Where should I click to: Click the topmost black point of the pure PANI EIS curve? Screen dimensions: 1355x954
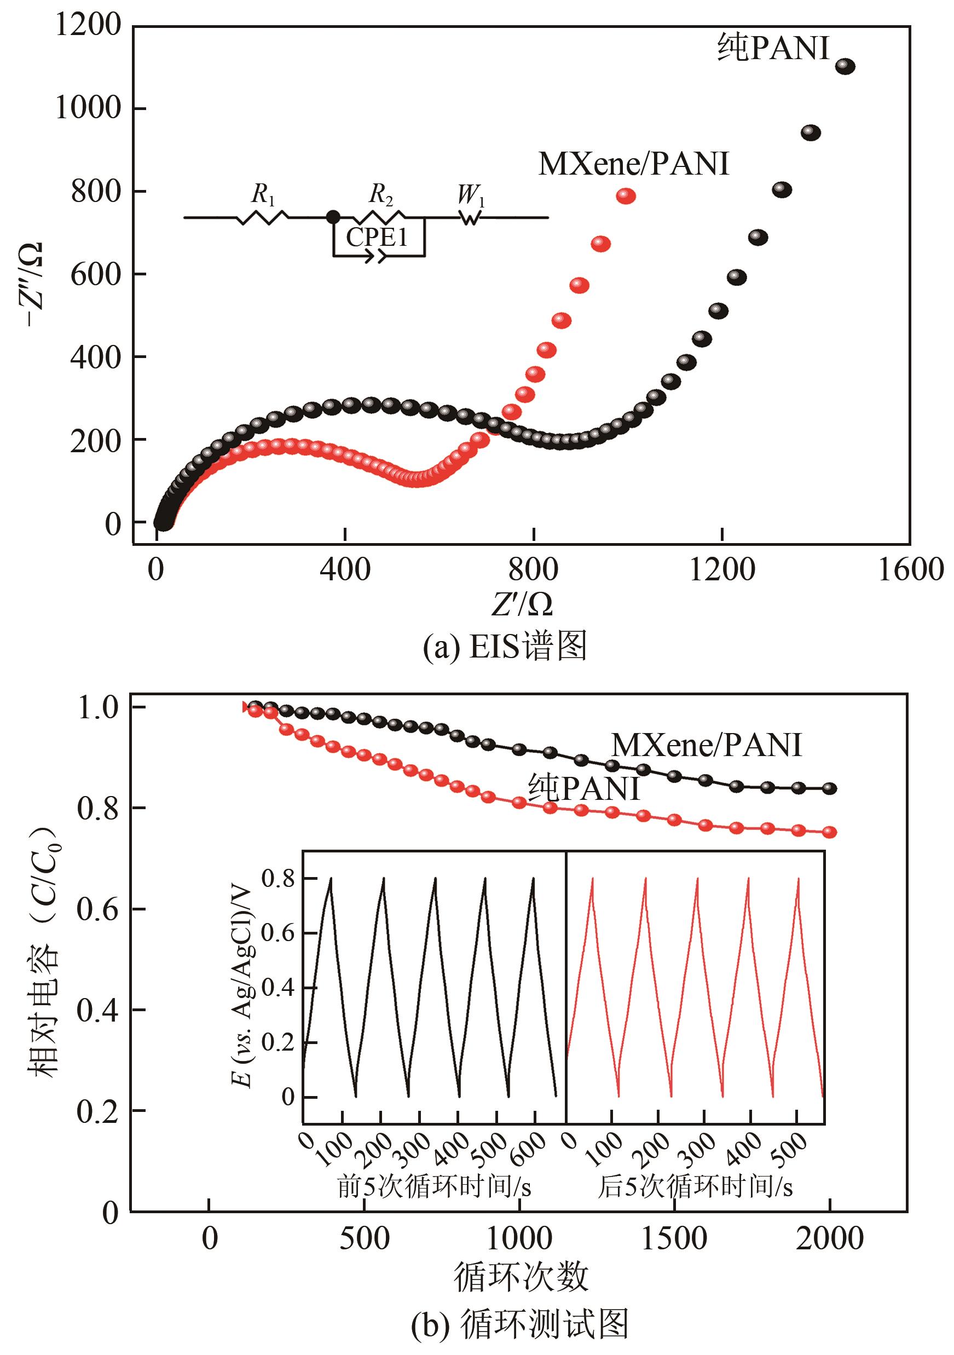click(x=845, y=67)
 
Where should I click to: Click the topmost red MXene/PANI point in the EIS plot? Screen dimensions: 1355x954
click(x=626, y=196)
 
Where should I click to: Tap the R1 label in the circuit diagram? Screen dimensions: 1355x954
click(x=263, y=194)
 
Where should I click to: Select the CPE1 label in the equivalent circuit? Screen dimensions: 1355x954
click(x=377, y=237)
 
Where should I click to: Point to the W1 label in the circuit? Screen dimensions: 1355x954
click(x=471, y=195)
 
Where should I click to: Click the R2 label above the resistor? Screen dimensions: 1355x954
click(x=381, y=194)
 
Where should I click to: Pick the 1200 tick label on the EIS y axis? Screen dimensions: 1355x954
click(x=88, y=25)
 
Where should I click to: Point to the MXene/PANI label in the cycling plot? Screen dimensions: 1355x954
click(x=706, y=745)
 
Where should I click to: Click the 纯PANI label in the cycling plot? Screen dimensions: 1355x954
click(x=583, y=788)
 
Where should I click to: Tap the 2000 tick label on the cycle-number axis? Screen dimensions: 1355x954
click(x=829, y=1239)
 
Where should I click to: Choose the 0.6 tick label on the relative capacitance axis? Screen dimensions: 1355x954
click(x=97, y=909)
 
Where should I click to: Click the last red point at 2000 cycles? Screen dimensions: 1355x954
click(x=830, y=832)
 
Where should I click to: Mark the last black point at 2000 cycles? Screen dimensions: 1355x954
click(x=830, y=788)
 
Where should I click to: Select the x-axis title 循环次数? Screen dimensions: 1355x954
click(x=521, y=1276)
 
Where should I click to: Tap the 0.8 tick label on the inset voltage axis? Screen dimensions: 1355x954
click(x=278, y=878)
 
